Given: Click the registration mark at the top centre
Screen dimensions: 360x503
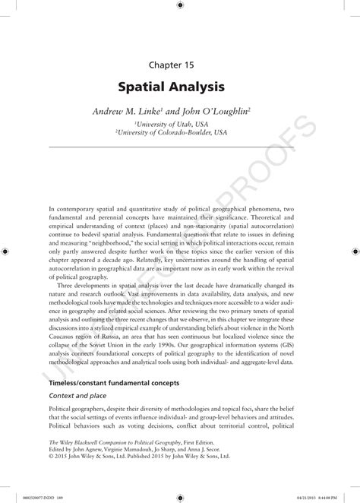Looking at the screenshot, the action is click(x=180, y=5).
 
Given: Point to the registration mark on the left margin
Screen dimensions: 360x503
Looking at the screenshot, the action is click(x=6, y=249).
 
